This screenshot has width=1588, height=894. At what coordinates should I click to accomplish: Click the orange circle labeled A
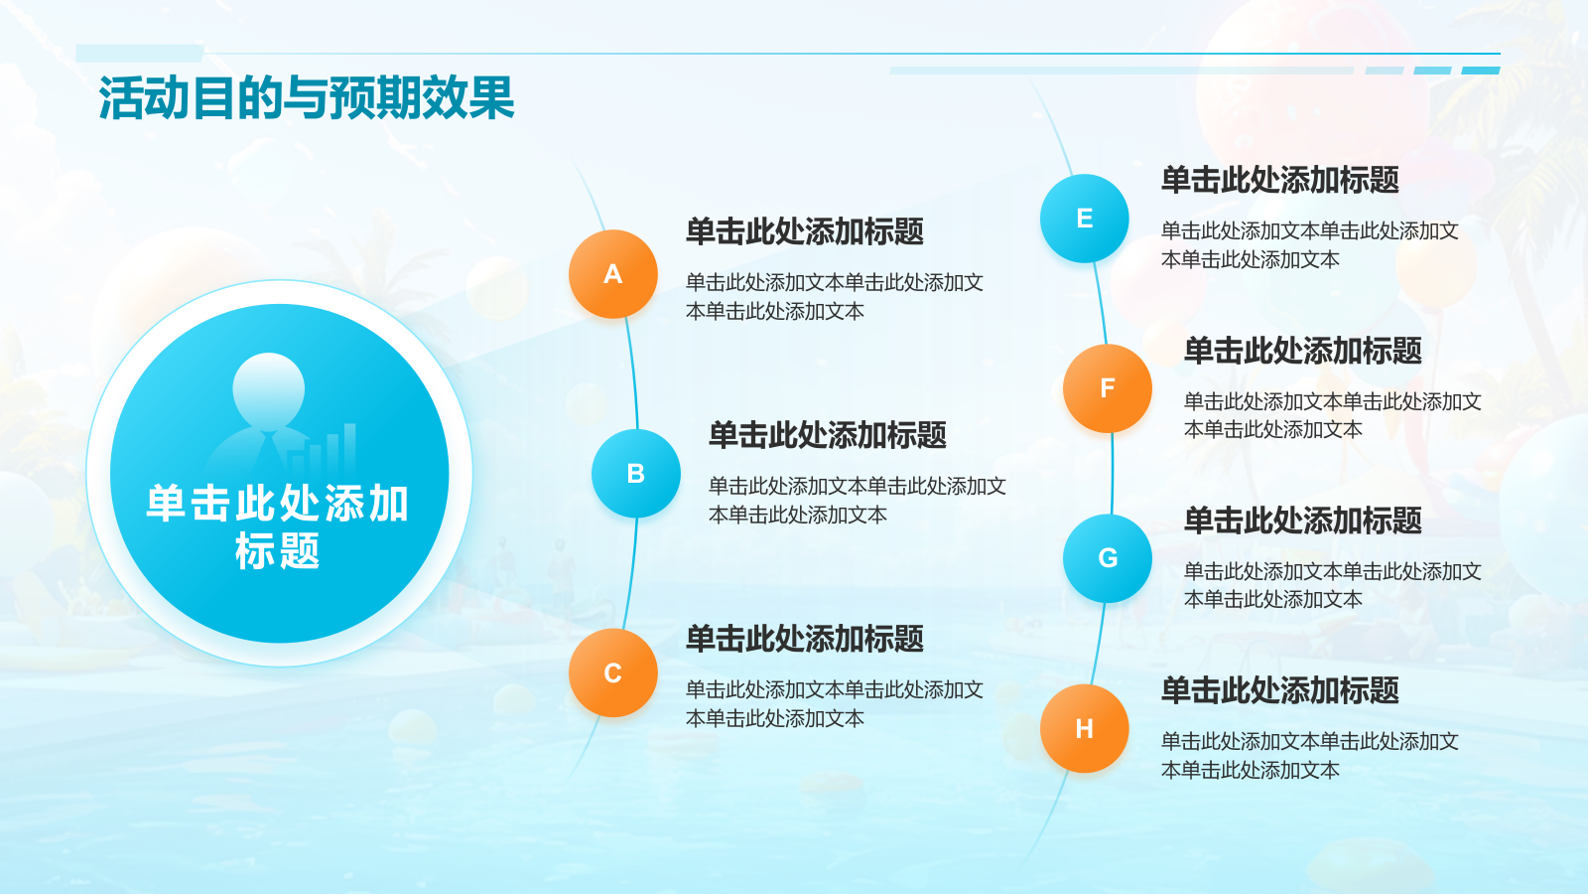(x=613, y=274)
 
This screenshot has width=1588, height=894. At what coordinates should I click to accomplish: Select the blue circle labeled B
(x=636, y=473)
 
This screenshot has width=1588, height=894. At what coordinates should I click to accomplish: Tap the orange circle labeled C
(x=613, y=672)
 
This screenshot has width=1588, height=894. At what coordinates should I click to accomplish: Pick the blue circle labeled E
(x=1085, y=219)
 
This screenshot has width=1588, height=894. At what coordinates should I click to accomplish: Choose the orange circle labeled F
(x=1108, y=388)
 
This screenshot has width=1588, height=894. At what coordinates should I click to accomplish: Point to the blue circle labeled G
(x=1108, y=558)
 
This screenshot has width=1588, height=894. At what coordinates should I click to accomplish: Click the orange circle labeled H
(x=1085, y=729)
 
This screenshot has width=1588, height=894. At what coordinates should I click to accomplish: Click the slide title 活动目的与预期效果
(x=307, y=98)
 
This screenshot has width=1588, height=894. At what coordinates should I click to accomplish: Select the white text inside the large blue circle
(x=277, y=527)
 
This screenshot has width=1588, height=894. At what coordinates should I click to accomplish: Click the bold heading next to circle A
(x=805, y=231)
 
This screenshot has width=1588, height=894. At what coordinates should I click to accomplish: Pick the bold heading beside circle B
(x=828, y=435)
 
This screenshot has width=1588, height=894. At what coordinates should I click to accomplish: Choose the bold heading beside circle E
(x=1279, y=180)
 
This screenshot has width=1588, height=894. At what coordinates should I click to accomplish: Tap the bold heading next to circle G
(x=1302, y=521)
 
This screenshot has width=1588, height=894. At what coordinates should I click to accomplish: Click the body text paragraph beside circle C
(x=835, y=704)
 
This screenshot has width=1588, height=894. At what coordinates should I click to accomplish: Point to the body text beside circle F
(x=1333, y=415)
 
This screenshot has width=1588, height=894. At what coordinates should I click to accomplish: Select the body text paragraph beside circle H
(x=1309, y=756)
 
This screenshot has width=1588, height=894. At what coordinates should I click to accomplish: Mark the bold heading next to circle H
(x=1279, y=689)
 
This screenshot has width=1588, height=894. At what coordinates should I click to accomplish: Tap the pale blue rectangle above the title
(x=140, y=54)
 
